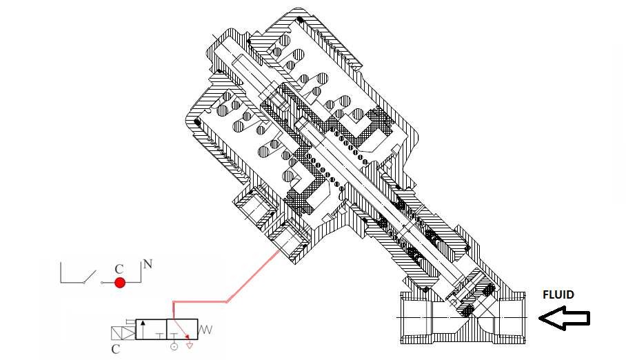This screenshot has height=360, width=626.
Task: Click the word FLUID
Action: [x=558, y=294]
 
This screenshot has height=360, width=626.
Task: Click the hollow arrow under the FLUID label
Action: [x=564, y=318]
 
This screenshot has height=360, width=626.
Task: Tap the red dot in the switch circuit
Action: [x=120, y=283]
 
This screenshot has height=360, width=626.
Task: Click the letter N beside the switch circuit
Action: [x=147, y=264]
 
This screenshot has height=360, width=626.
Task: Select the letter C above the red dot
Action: [x=119, y=269]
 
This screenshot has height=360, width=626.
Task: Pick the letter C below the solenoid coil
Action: [x=115, y=349]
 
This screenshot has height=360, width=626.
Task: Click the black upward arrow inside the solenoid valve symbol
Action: [x=143, y=328]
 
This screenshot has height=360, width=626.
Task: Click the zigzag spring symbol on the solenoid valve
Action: [x=206, y=330]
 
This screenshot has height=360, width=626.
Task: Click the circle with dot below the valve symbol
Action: [x=173, y=346]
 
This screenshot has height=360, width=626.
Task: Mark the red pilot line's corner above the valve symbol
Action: [x=173, y=302]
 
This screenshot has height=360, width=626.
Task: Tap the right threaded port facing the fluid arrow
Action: [x=513, y=317]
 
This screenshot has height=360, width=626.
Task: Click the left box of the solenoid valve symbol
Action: [x=151, y=329]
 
